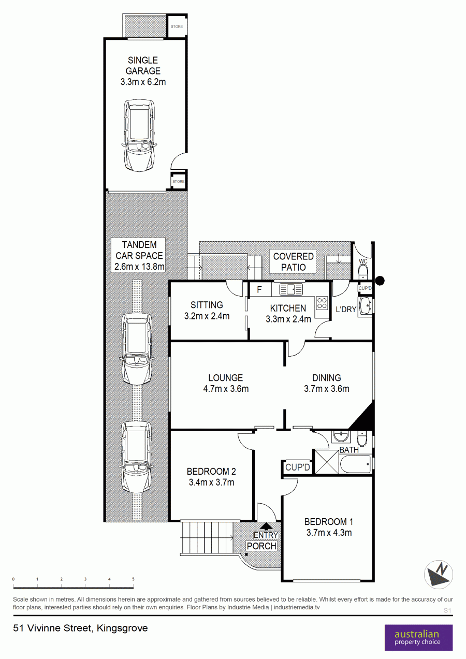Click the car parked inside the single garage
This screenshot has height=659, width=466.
(x=139, y=135)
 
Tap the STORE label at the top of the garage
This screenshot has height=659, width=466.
(x=177, y=26)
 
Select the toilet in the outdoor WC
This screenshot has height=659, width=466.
(x=363, y=272)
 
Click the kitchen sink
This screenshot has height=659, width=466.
(x=291, y=289)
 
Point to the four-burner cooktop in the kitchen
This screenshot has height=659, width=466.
(x=322, y=303)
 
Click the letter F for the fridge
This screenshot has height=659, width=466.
(x=259, y=289)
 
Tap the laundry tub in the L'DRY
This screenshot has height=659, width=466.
(x=366, y=306)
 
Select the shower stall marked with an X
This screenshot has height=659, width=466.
(x=327, y=462)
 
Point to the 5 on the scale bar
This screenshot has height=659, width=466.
(x=133, y=579)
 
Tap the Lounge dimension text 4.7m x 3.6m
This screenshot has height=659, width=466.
(x=226, y=389)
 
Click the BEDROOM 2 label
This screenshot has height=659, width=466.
(x=211, y=472)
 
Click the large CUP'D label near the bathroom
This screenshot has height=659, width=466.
(x=297, y=467)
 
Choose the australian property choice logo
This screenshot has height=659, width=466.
(x=418, y=638)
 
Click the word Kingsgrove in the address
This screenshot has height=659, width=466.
(x=122, y=628)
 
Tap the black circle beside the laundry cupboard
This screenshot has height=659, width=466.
(x=380, y=281)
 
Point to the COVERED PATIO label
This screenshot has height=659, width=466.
(x=293, y=262)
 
